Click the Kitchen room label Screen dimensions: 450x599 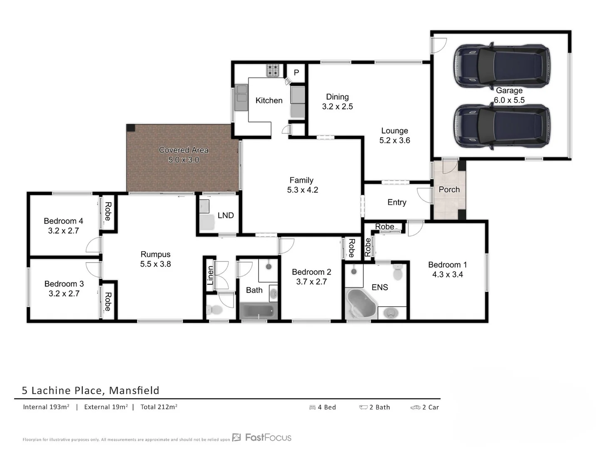(x=268, y=100)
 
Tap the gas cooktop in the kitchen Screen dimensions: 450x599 (x=273, y=70)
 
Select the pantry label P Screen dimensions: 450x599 (x=296, y=72)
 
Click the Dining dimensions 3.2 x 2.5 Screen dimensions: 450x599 (x=337, y=107)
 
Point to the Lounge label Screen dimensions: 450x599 (x=394, y=131)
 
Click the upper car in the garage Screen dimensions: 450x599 (x=501, y=65)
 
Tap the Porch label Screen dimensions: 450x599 (x=449, y=190)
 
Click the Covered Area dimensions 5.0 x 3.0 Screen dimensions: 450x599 (x=184, y=160)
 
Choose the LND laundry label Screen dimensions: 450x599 (x=226, y=215)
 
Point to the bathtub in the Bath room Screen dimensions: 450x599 (x=258, y=311)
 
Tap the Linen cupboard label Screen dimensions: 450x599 (x=210, y=275)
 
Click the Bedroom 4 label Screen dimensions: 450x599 (x=63, y=221)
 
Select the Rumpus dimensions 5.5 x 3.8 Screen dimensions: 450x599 (x=155, y=264)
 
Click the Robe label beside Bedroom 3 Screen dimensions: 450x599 (x=108, y=302)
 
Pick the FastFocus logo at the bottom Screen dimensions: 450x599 (x=262, y=437)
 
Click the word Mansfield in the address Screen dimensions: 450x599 (x=134, y=390)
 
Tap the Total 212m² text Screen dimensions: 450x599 (x=159, y=407)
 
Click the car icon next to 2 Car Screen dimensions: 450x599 (x=415, y=407)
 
